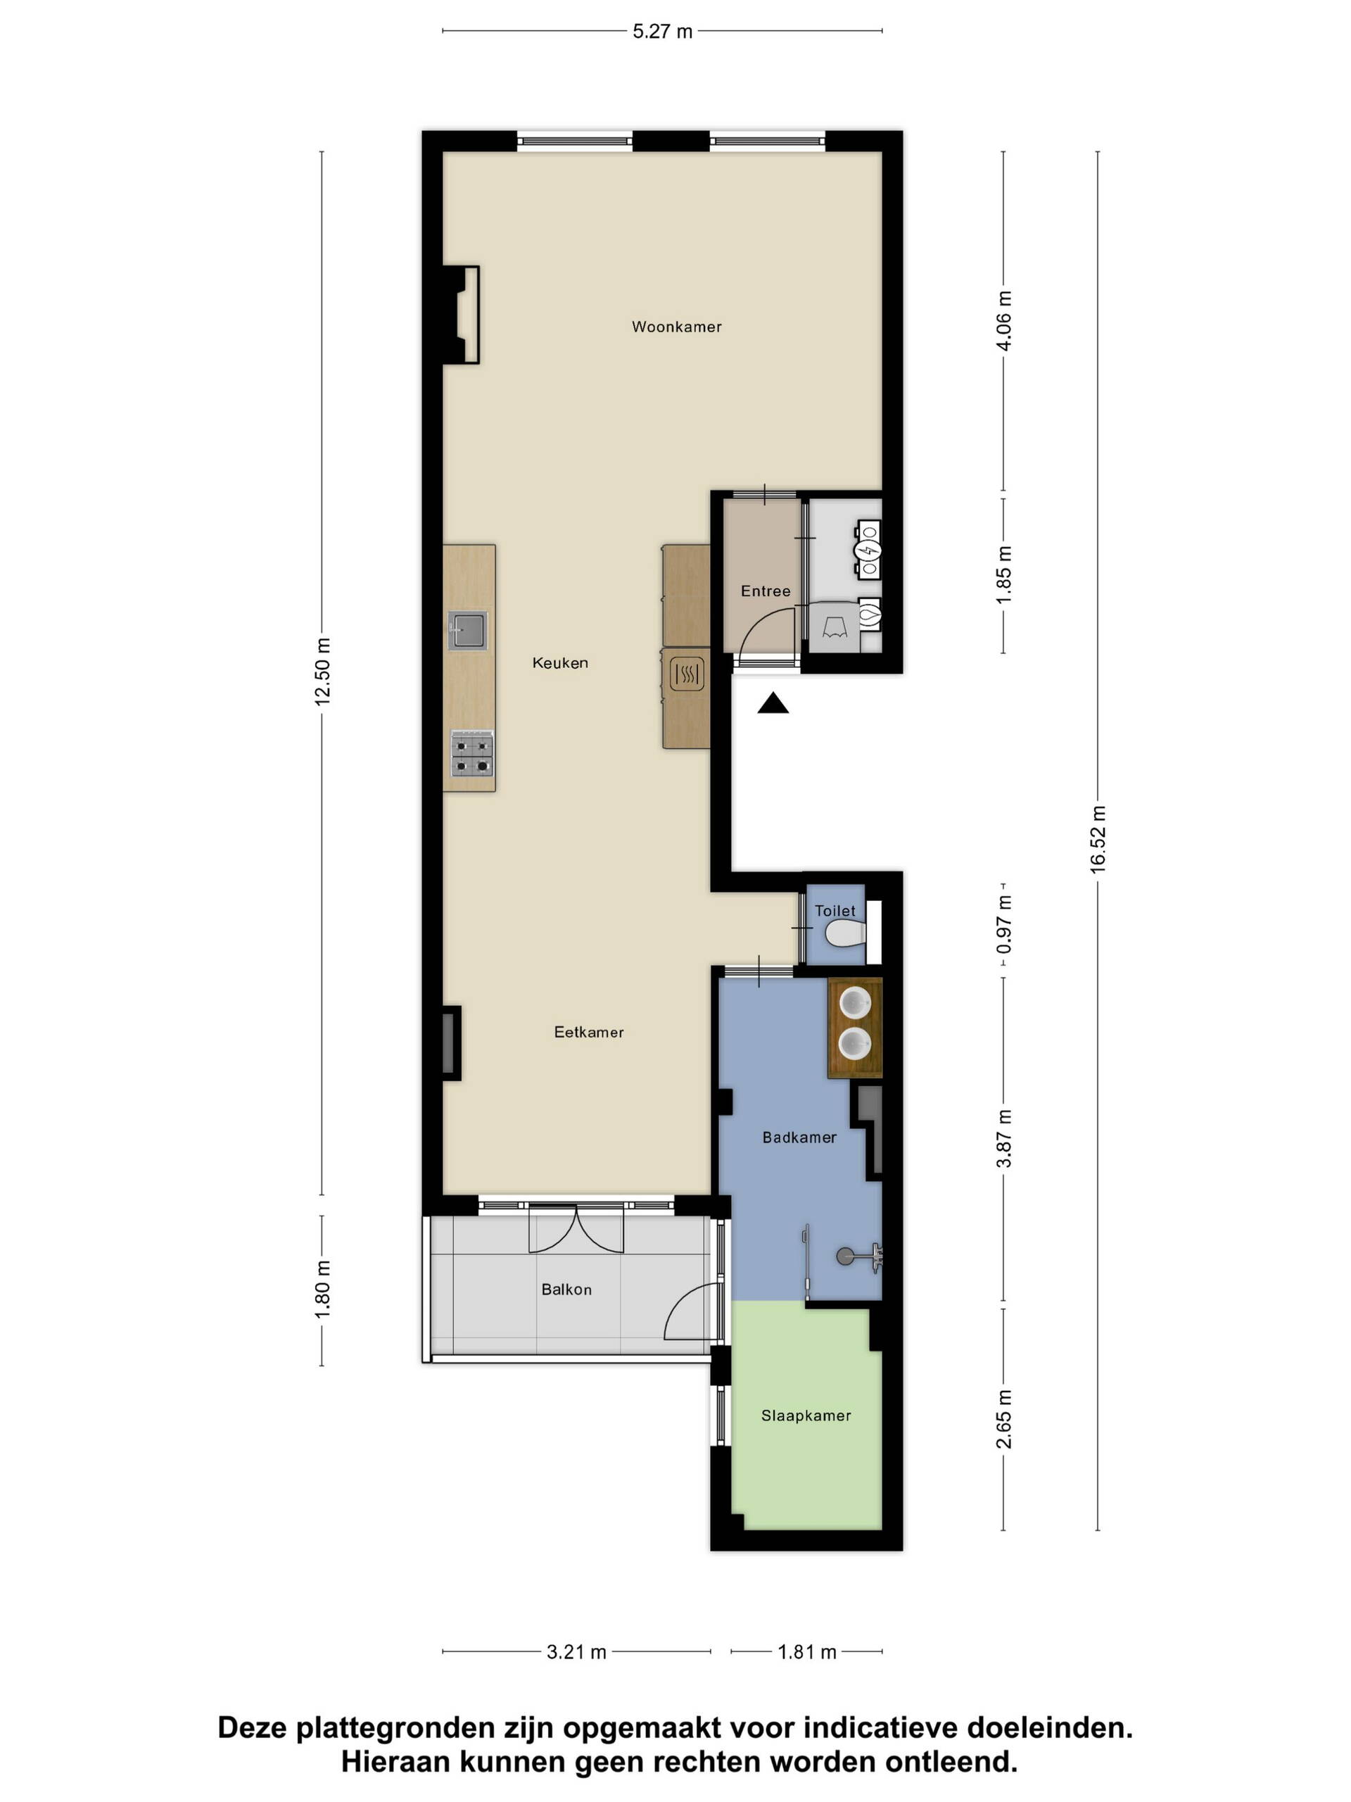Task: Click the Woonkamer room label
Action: tap(676, 327)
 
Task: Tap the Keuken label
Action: tap(559, 662)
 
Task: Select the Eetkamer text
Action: tap(588, 1031)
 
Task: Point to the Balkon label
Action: tap(566, 1289)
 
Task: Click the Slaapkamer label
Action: tap(806, 1415)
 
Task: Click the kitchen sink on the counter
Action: tap(467, 630)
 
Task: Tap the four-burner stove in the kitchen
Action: tap(471, 754)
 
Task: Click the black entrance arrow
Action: tap(772, 702)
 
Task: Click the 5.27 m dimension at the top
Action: tap(662, 31)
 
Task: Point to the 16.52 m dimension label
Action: tap(1098, 839)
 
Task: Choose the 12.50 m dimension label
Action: tap(322, 672)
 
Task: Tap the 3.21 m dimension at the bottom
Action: tap(576, 1651)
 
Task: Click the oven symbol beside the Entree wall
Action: tap(687, 674)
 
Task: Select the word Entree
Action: tap(765, 591)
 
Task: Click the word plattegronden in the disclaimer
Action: tap(424, 1727)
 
